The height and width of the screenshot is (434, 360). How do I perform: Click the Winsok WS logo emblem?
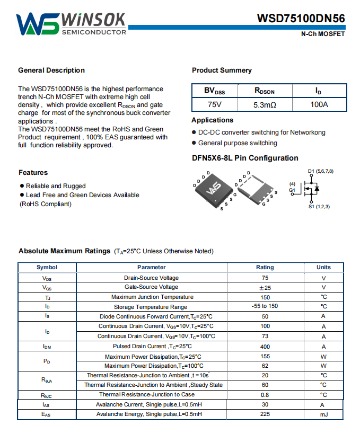click(38, 24)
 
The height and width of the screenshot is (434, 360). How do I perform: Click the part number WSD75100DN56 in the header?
click(301, 19)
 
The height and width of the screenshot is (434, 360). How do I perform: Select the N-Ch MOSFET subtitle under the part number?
click(323, 34)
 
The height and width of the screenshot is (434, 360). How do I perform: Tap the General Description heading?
click(51, 70)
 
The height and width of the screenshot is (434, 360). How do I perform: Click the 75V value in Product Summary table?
click(215, 104)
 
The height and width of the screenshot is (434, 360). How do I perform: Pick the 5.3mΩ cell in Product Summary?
click(265, 104)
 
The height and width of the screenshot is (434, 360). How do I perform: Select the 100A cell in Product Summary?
click(319, 104)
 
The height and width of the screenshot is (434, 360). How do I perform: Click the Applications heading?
click(213, 120)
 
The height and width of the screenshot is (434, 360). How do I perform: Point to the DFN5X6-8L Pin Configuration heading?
click(245, 158)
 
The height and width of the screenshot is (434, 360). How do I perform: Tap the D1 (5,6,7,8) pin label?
click(320, 171)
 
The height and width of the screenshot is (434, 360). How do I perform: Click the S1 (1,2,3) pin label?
click(319, 206)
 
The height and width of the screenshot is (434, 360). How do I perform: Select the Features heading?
click(33, 173)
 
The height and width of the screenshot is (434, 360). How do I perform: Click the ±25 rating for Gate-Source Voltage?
click(265, 287)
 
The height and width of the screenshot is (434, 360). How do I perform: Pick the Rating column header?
click(265, 268)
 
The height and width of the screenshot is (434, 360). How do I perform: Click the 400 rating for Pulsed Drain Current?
click(265, 346)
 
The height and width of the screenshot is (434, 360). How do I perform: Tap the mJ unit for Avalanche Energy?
click(323, 414)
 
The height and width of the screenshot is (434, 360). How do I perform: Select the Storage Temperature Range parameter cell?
click(151, 307)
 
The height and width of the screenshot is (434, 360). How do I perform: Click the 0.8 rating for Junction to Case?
click(265, 394)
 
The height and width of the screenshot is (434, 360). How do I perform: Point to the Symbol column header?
click(47, 268)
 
